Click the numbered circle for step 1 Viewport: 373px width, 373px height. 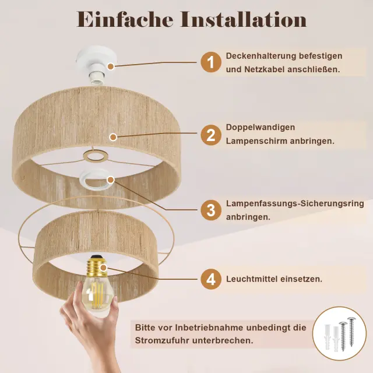pos(211,62)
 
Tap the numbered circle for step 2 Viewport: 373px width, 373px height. pos(211,135)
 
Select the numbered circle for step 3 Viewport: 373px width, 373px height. pos(211,210)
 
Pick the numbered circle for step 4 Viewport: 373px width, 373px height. pos(211,279)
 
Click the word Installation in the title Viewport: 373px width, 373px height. pos(244,19)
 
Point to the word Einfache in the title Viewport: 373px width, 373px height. pos(124,19)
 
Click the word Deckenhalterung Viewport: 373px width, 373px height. pos(261,56)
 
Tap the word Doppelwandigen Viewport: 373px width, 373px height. pos(261,128)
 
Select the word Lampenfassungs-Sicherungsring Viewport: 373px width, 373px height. pos(295,204)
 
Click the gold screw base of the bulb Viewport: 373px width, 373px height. pos(97,267)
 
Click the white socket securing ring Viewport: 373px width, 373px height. pos(97,179)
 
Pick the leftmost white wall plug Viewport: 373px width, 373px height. pos(328,336)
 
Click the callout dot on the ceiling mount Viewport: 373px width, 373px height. pos(110,66)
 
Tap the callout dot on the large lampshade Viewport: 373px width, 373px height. pos(113,137)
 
